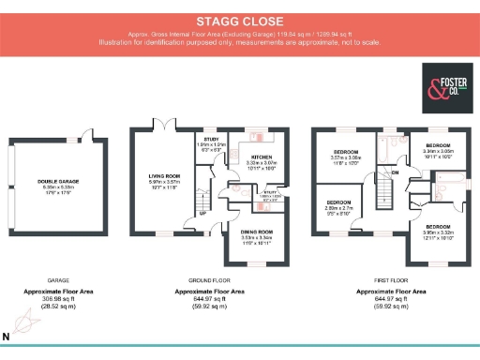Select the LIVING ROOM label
point(164,175)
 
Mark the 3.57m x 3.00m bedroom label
point(347,152)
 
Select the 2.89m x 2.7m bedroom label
point(339,203)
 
